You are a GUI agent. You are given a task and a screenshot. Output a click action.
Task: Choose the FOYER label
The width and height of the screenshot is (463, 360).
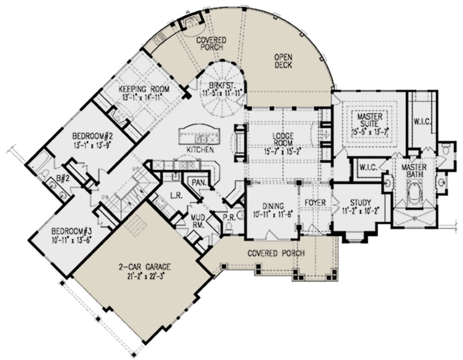pyautogui.click(x=316, y=202)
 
